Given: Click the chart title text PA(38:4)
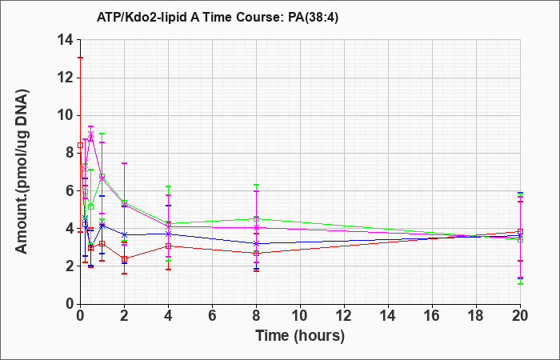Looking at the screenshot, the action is point(313,18).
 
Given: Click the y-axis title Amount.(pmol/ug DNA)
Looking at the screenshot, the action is point(22,171).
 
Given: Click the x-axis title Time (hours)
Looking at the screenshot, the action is point(300,336).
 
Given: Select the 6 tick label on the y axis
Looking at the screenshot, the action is point(70,190).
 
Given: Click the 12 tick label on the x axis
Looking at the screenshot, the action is point(344,316).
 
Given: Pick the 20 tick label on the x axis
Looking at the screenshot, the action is point(520,316).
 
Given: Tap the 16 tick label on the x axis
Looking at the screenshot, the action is point(433,316).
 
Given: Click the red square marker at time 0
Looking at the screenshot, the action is point(80,146).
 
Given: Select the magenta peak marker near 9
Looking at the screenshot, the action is point(90,134).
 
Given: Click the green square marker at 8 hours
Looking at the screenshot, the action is point(257,218).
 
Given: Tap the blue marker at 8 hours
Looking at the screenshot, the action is point(257,243).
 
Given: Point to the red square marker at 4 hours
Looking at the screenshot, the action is point(169,246).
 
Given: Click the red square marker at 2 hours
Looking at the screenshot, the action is point(124,259).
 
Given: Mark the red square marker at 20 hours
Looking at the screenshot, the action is point(520,231).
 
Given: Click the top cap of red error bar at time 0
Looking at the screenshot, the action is point(80,58).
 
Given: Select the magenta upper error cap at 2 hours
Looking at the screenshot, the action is point(124,163).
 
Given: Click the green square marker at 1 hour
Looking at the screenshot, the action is point(102,177).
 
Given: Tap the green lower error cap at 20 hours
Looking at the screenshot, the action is point(520,283).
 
